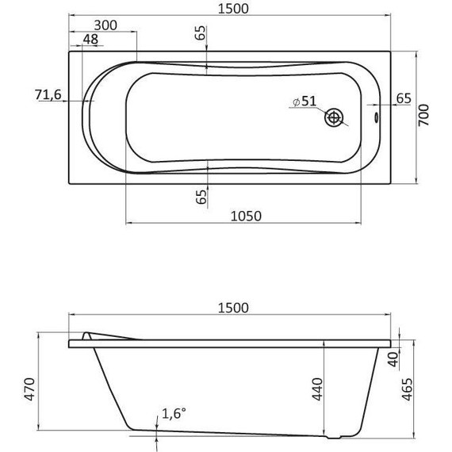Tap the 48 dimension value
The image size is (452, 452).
[90, 40]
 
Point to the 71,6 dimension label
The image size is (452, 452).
[48, 95]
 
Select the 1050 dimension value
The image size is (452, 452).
[246, 215]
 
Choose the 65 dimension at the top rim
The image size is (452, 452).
[200, 33]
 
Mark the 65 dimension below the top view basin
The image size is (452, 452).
[200, 196]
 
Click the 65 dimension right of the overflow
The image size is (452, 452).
[403, 98]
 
